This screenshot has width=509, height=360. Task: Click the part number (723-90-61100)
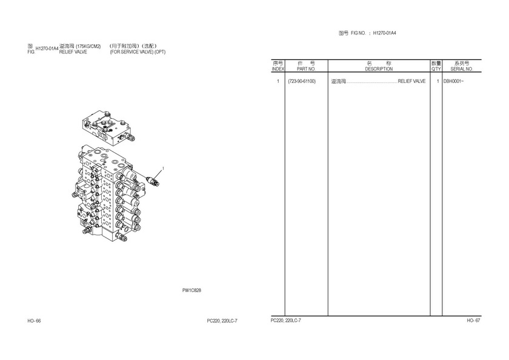pyautogui.click(x=302, y=81)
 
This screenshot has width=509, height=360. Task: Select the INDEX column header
pyautogui.click(x=278, y=69)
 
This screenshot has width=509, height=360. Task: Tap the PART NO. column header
pyautogui.click(x=306, y=69)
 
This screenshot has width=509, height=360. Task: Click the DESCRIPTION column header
pyautogui.click(x=379, y=69)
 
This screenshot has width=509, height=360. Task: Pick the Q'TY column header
pyautogui.click(x=436, y=69)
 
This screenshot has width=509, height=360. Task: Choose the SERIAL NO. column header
pyautogui.click(x=462, y=69)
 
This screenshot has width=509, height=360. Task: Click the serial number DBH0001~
pyautogui.click(x=453, y=81)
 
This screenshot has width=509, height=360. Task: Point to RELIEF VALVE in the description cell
pyautogui.click(x=411, y=81)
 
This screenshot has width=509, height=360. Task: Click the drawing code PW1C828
pyautogui.click(x=191, y=290)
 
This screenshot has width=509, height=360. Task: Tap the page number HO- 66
pyautogui.click(x=34, y=321)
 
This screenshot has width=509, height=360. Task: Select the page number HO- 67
pyautogui.click(x=473, y=321)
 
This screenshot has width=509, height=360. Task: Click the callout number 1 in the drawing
pyautogui.click(x=163, y=168)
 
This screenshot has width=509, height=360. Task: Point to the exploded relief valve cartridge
pyautogui.click(x=153, y=181)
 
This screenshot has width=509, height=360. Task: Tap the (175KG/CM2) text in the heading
pyautogui.click(x=88, y=46)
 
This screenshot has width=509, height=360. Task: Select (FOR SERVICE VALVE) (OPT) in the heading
pyautogui.click(x=138, y=52)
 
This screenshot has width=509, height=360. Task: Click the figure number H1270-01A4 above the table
pyautogui.click(x=384, y=33)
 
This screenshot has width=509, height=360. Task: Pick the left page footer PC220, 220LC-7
pyautogui.click(x=222, y=321)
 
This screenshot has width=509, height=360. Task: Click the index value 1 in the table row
pyautogui.click(x=278, y=81)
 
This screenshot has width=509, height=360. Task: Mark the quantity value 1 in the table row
pyautogui.click(x=438, y=81)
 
